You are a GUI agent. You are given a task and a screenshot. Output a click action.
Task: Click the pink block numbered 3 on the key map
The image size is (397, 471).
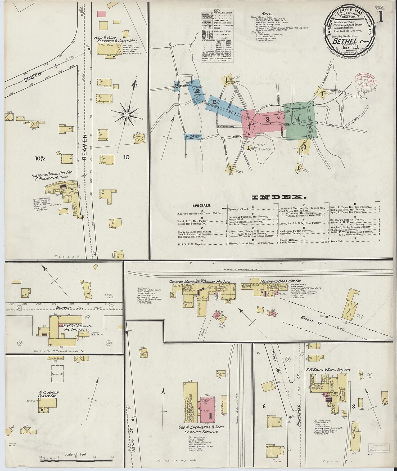click(x=267, y=119)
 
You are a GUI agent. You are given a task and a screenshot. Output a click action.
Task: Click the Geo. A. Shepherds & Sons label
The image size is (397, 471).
click(x=201, y=427)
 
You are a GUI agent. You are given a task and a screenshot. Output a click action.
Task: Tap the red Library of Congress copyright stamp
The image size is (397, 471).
click(x=364, y=80)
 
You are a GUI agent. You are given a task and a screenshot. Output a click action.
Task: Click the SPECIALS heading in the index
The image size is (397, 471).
click(x=201, y=205)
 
